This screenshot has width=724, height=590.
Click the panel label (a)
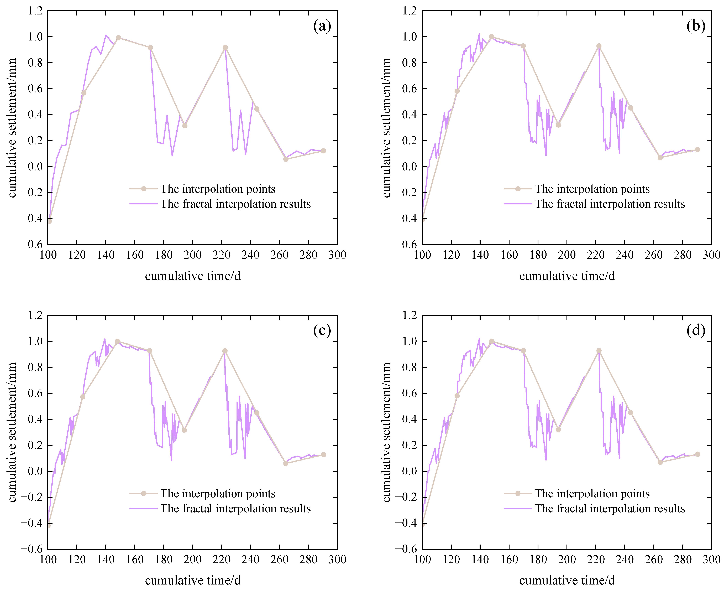[322, 26]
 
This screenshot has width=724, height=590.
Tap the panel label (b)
[696, 26]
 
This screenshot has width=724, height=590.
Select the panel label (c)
[322, 330]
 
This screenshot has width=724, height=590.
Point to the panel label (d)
[696, 330]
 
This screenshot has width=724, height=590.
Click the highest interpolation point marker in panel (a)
[118, 38]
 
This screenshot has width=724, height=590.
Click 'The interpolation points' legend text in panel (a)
[218, 189]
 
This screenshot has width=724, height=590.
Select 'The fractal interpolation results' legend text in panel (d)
[610, 508]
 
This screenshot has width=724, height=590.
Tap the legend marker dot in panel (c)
[143, 493]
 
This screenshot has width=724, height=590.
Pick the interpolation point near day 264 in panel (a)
[286, 159]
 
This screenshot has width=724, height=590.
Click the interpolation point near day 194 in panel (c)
[184, 430]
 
